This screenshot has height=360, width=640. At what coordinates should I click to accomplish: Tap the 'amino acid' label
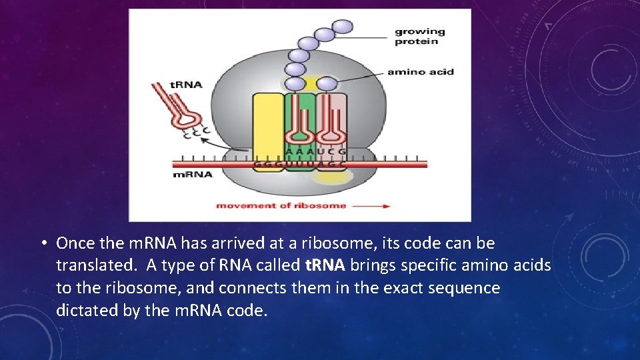(420, 72)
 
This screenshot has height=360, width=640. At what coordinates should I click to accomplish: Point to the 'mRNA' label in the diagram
(193, 175)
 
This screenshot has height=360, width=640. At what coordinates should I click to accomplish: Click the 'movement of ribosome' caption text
(281, 205)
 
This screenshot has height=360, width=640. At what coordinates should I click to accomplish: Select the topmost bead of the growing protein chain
(342, 27)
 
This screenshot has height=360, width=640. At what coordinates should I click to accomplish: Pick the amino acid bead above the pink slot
(327, 84)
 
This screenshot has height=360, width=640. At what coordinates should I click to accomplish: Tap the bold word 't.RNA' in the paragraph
(325, 265)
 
